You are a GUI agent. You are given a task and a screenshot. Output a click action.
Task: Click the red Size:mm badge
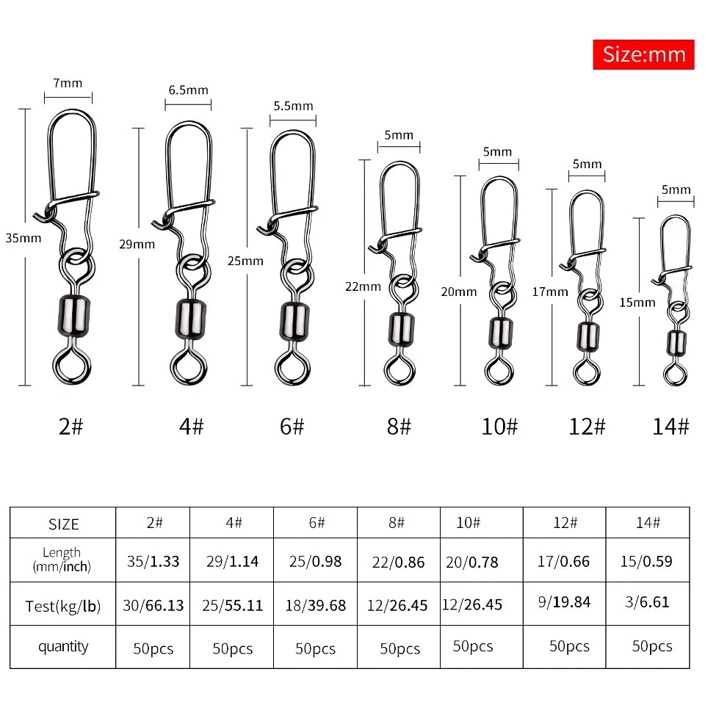(643, 54)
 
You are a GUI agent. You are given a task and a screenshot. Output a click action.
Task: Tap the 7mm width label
(68, 83)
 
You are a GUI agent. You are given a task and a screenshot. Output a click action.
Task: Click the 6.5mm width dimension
(188, 90)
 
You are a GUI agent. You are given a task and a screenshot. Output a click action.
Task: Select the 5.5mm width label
(293, 106)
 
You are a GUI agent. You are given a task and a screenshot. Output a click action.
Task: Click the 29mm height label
(137, 244)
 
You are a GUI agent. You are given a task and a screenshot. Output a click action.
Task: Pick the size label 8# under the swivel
(399, 427)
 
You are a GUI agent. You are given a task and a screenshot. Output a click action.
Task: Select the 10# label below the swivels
(499, 427)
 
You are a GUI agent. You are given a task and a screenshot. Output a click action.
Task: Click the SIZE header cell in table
(63, 524)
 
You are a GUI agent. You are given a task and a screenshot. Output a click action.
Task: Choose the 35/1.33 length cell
(153, 562)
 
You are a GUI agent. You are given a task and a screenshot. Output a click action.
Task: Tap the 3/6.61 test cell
(648, 602)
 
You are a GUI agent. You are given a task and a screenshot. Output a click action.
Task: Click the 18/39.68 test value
(315, 606)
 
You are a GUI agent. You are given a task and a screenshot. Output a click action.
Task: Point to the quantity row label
(63, 646)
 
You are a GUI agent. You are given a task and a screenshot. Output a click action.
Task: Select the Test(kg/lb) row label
(63, 606)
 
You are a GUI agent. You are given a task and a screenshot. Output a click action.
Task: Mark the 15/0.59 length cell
(648, 562)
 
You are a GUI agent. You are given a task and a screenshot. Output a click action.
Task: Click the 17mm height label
(550, 292)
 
